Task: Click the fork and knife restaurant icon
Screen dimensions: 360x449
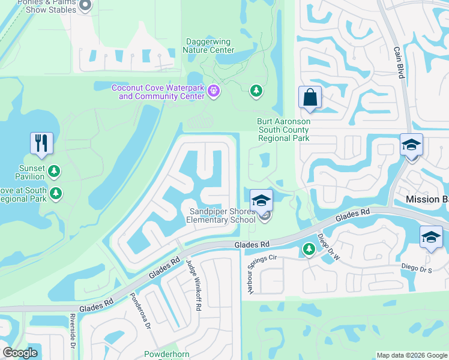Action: [x=41, y=142]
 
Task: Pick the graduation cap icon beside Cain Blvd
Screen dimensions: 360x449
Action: [x=412, y=145]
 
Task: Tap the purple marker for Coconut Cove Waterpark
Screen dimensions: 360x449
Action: [x=215, y=91]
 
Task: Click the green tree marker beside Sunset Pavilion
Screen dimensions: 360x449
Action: [x=55, y=172]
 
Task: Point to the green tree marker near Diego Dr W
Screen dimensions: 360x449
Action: [x=309, y=248]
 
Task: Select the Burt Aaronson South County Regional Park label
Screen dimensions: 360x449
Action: [x=284, y=130]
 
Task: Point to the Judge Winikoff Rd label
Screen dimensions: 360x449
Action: [x=193, y=284]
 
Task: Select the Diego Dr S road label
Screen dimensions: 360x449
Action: [x=417, y=270]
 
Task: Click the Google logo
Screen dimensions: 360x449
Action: [x=20, y=353]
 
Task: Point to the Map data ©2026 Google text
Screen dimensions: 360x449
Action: [x=412, y=355]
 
